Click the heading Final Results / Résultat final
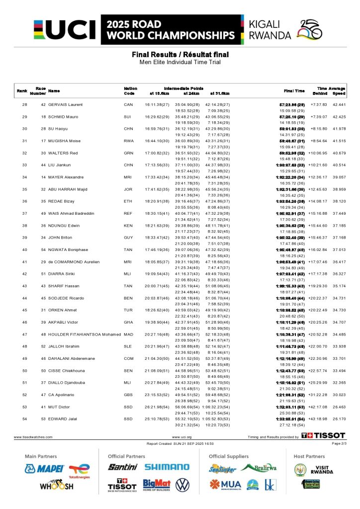[x=180, y=54]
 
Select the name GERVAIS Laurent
[x=65, y=104]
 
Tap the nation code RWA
[x=129, y=141]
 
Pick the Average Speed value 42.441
[x=339, y=104]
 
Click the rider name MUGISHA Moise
[x=64, y=141]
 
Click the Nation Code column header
[x=130, y=90]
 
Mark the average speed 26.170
[x=339, y=419]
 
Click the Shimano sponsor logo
[x=167, y=467]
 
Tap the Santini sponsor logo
[x=122, y=467]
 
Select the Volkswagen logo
[x=182, y=485]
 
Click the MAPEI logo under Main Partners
[x=44, y=468]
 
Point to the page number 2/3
[x=339, y=443]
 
